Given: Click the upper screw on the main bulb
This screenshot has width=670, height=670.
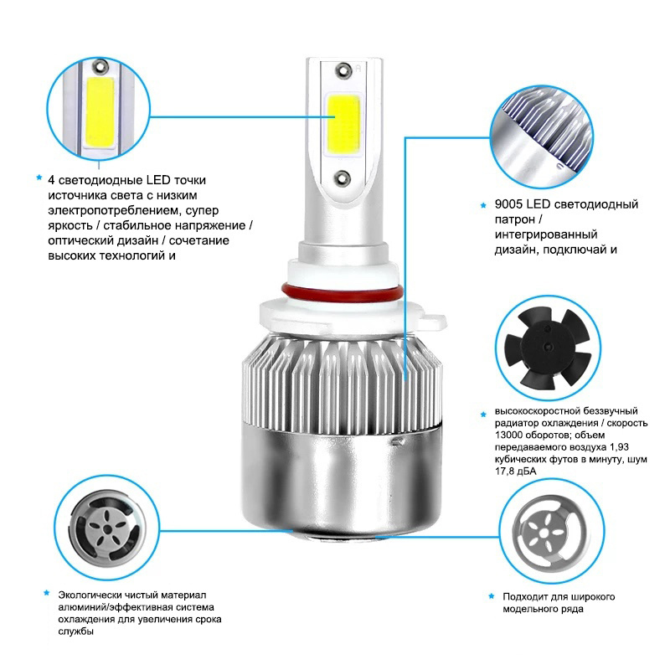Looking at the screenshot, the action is click(x=343, y=70).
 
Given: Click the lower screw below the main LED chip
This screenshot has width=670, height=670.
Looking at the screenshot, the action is click(x=343, y=178).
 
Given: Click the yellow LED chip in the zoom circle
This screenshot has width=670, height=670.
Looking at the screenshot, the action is click(x=100, y=112).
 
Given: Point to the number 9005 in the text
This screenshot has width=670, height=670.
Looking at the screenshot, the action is click(x=508, y=204).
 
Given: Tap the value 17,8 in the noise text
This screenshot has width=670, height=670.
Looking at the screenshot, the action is click(x=504, y=472).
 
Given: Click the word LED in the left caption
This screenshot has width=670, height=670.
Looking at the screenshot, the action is click(x=158, y=180).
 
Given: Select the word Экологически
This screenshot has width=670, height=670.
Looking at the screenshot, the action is click(x=90, y=595).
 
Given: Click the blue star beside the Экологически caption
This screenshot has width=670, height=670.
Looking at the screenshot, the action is click(x=47, y=593).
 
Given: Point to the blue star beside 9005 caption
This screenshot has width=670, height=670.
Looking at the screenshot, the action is click(x=483, y=205).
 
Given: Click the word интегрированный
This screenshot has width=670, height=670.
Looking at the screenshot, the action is click(x=546, y=234).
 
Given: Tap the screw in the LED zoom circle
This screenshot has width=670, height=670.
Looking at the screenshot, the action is click(x=100, y=65).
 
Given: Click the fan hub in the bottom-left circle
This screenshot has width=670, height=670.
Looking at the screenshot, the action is click(x=108, y=530).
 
